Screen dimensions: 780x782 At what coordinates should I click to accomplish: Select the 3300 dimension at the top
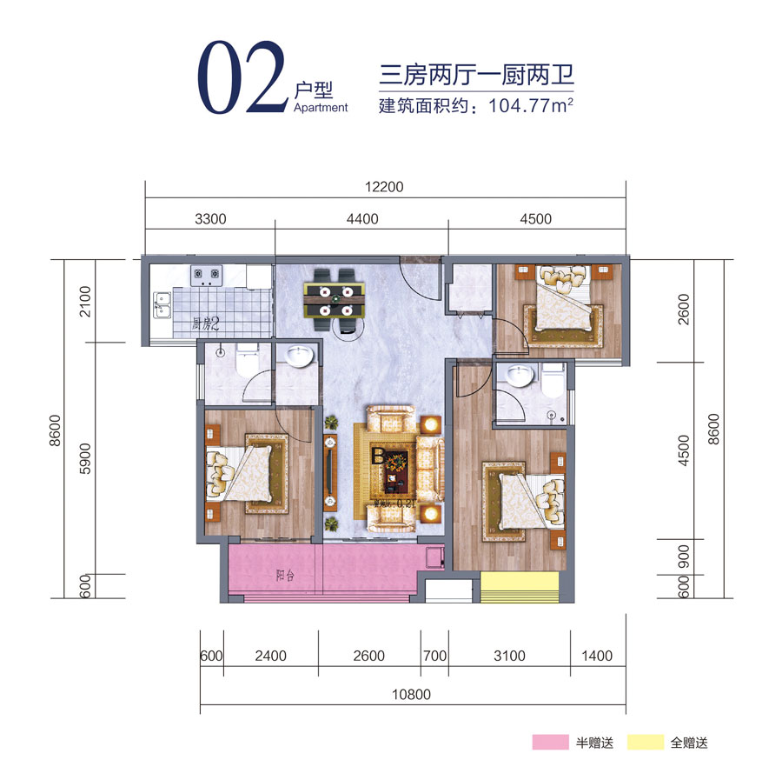(209, 219)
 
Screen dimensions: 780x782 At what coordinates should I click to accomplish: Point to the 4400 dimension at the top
(361, 219)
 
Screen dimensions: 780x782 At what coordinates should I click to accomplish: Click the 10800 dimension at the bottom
(411, 695)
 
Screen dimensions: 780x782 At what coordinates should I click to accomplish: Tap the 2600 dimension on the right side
(683, 309)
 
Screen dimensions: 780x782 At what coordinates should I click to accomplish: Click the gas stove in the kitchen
(207, 275)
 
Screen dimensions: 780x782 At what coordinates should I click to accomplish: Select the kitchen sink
(162, 303)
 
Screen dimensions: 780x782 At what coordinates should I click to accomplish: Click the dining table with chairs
(334, 300)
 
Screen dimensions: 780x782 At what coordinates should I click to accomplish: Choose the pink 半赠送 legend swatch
(549, 743)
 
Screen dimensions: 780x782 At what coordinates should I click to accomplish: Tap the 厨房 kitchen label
(206, 325)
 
